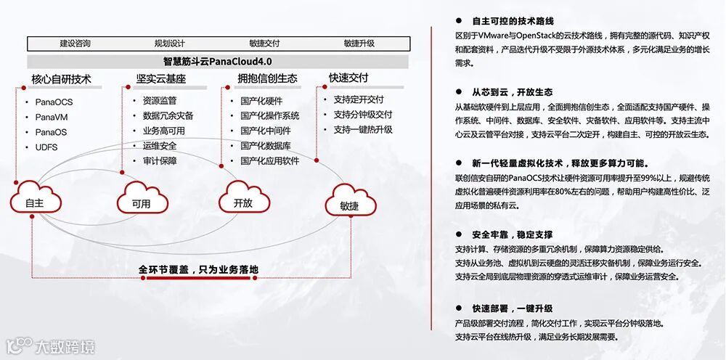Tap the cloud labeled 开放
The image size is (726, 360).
click(x=243, y=201)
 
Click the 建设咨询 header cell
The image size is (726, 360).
click(x=76, y=43)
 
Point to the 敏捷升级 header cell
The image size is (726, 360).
click(x=359, y=43)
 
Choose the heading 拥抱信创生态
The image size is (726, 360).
click(x=267, y=78)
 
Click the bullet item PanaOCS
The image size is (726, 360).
click(x=54, y=102)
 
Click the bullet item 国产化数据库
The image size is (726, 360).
click(x=265, y=146)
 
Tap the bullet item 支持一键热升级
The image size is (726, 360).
click(x=363, y=130)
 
